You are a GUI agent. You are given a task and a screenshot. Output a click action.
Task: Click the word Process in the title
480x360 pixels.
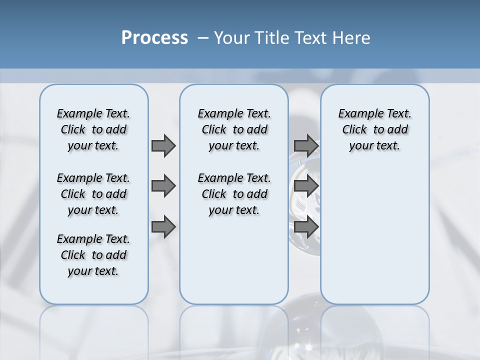point(154,37)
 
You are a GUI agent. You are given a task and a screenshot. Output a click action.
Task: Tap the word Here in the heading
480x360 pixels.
point(352,38)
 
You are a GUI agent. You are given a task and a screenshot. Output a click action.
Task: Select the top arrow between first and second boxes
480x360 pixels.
point(163,145)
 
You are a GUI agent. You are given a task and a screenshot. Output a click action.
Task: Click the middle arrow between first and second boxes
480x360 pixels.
point(163,186)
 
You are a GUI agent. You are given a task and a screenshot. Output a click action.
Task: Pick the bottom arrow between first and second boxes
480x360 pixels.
point(163,227)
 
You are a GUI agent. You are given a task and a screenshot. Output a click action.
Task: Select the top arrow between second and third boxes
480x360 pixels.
point(306,145)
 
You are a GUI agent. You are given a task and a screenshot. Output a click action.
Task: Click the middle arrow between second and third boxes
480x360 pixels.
point(306,186)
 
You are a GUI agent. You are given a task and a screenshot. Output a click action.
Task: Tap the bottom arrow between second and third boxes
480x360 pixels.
point(306,227)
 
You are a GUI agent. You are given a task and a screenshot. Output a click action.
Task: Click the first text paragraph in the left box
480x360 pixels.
point(93,129)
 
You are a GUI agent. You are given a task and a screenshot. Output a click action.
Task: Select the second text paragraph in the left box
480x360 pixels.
point(93,194)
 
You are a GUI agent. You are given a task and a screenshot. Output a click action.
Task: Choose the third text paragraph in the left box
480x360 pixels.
point(93,255)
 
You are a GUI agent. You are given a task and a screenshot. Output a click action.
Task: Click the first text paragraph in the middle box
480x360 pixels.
point(234,129)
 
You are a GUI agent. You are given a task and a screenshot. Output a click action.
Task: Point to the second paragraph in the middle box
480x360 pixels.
point(234,194)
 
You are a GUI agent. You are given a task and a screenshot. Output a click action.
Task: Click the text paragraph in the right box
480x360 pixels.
point(374,129)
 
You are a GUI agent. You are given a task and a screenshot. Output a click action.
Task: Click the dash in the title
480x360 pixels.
point(202,38)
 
